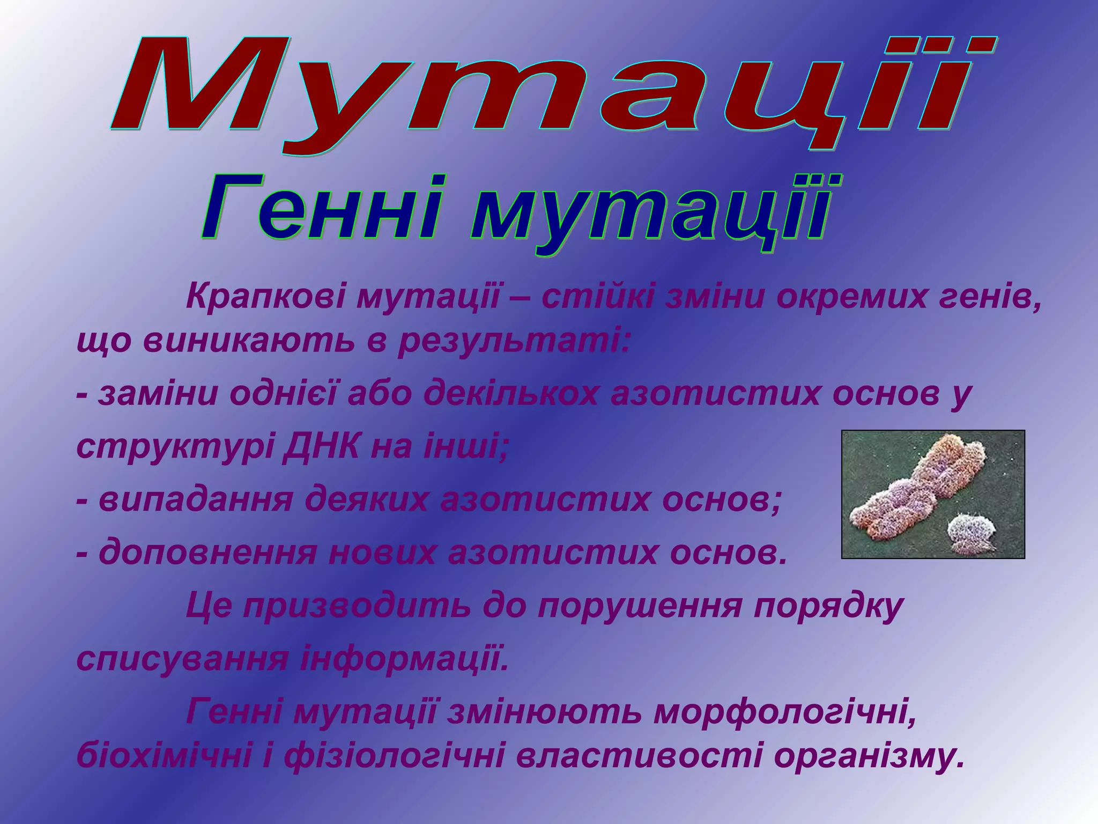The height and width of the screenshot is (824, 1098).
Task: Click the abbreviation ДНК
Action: tap(321, 446)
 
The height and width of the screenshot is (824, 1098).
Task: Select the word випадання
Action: tap(196, 500)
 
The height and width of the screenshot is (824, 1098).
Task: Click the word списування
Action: tap(182, 659)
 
